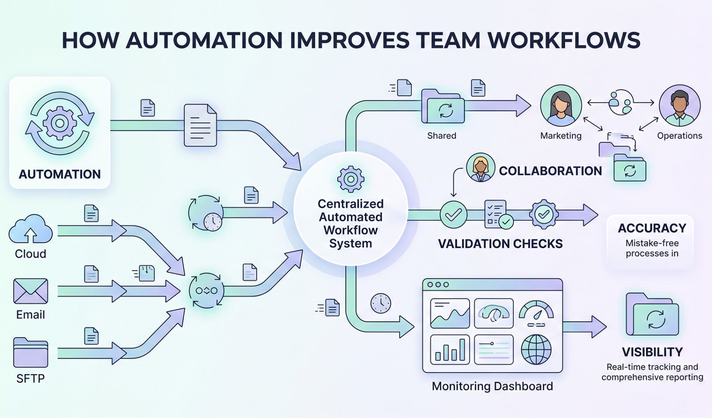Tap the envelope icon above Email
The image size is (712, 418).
[31, 291]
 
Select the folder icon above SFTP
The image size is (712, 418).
[31, 352]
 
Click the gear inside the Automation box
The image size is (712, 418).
[60, 123]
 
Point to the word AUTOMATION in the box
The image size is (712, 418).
[60, 174]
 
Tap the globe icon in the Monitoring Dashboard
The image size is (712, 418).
[536, 349]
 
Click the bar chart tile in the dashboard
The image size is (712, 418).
[450, 349]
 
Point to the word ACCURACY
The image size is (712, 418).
[652, 228]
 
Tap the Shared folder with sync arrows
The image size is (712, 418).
[443, 107]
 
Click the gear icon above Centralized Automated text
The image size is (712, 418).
[350, 179]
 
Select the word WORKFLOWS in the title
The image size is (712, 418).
[564, 41]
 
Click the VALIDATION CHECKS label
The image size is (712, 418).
[500, 244]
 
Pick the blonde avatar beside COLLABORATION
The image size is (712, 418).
[480, 167]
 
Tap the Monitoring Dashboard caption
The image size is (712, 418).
[492, 386]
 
